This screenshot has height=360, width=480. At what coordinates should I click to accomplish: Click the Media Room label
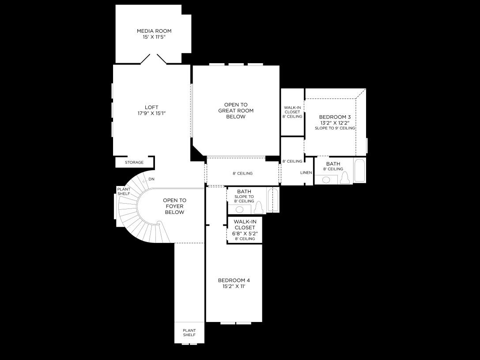(154, 31)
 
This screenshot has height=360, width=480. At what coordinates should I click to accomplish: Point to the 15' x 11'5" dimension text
(154, 37)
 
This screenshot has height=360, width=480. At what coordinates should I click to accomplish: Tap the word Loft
(151, 107)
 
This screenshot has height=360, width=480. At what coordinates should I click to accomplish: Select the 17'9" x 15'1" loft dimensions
(151, 114)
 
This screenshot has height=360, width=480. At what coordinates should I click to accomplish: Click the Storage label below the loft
(134, 163)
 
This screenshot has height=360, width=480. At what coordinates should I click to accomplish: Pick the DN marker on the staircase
(151, 179)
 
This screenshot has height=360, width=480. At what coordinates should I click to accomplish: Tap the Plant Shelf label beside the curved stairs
(124, 191)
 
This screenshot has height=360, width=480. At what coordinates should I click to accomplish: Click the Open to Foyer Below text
(174, 206)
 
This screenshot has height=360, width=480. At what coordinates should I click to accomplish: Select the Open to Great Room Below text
(236, 111)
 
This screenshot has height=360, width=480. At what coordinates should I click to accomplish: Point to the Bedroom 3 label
(335, 117)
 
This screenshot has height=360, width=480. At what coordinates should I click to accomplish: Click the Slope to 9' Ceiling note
(335, 128)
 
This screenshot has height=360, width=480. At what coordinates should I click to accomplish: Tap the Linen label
(306, 173)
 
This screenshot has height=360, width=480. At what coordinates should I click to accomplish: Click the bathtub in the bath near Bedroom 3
(359, 171)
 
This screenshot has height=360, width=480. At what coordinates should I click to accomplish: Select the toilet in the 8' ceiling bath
(345, 178)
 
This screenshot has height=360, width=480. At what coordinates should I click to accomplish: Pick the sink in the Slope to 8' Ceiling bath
(240, 209)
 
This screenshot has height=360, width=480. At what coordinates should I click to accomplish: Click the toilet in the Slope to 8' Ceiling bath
(259, 208)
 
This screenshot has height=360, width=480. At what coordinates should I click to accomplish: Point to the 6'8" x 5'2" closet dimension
(245, 233)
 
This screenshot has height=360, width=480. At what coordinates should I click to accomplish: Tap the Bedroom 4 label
(234, 280)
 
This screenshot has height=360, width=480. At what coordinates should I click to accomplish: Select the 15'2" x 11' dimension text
(234, 287)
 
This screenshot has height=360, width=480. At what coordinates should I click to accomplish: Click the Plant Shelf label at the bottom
(189, 333)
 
